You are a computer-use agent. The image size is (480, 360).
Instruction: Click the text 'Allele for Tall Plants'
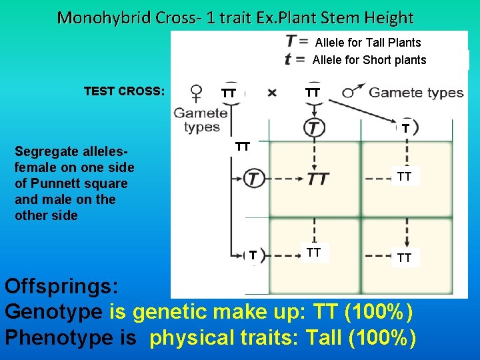click(x=368, y=43)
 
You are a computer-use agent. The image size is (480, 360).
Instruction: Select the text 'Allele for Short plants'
click(x=369, y=60)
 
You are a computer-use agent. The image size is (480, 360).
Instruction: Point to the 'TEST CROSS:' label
click(x=124, y=91)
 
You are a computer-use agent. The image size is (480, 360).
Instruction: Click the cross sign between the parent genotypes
click(x=272, y=93)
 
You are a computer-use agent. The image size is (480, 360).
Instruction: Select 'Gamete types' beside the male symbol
click(x=416, y=92)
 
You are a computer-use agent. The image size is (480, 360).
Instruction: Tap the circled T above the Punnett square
click(x=314, y=127)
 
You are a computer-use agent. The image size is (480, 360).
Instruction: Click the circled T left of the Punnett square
click(x=254, y=178)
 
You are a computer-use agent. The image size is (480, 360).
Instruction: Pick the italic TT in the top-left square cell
click(x=318, y=178)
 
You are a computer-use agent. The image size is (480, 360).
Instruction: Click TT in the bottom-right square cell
click(x=404, y=257)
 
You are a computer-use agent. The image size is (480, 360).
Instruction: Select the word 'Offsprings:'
click(x=62, y=287)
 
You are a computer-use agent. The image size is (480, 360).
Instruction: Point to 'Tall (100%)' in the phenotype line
click(x=361, y=337)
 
